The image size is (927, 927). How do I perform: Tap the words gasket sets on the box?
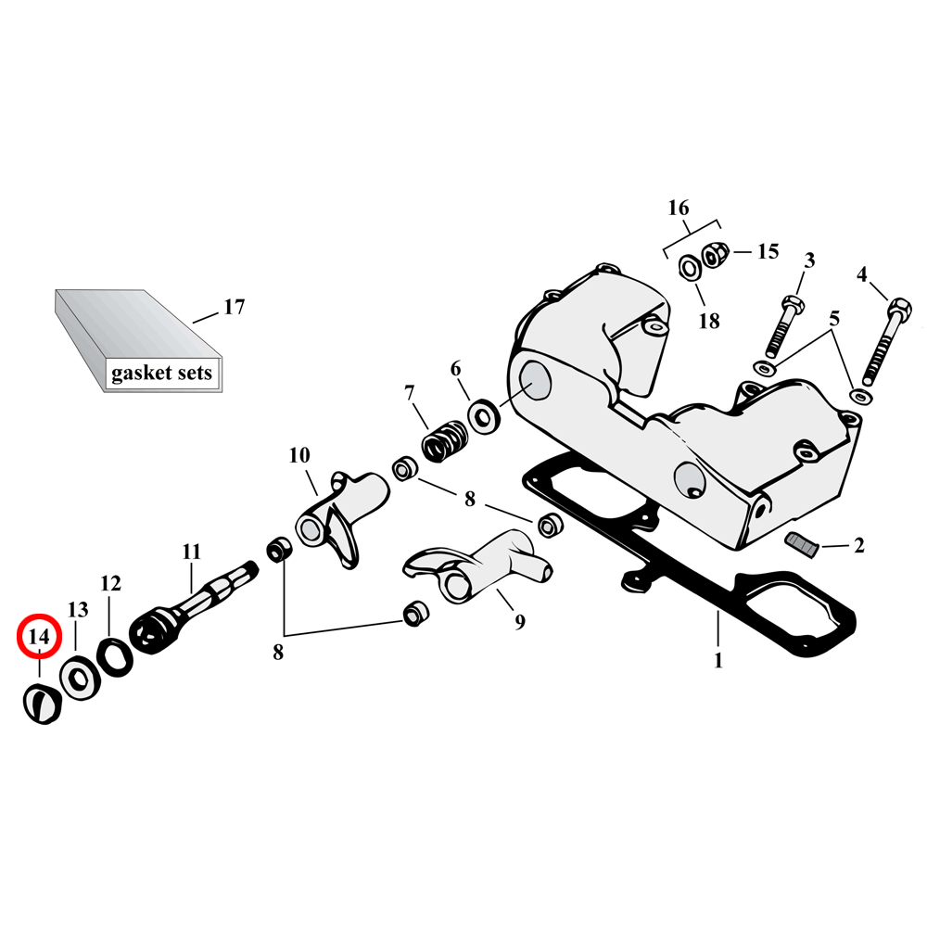coord(161,374)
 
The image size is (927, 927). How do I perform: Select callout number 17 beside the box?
coord(235,307)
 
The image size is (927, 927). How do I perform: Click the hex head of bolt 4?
coord(897,307)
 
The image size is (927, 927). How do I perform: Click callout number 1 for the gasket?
coord(717,662)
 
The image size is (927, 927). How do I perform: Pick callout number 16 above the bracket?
coord(679,208)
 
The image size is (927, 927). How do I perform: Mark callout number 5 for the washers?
coord(834,318)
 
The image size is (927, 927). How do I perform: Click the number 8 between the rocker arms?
coord(470,500)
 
